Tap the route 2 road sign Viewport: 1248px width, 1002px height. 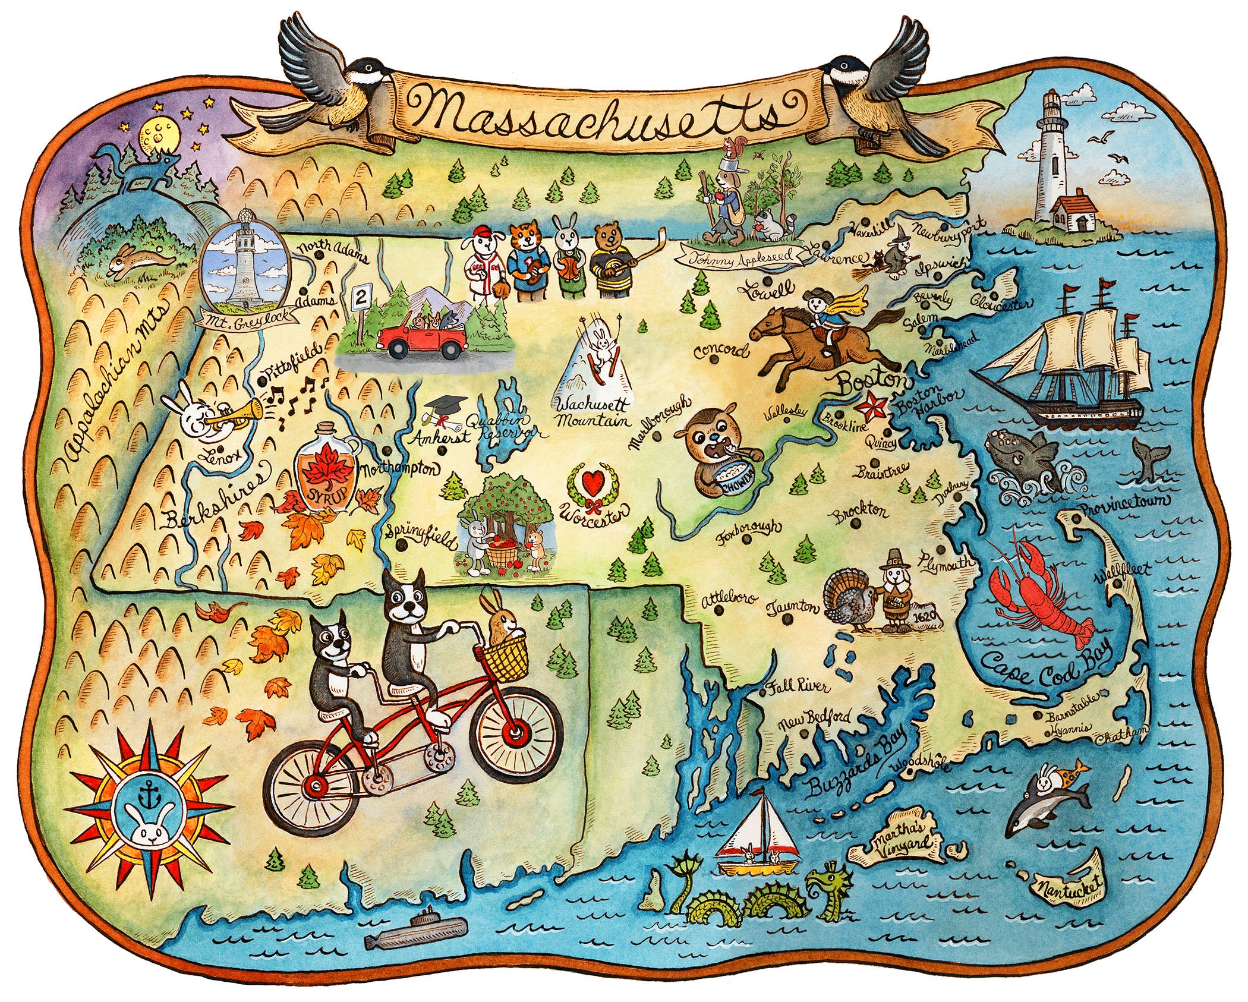click(359, 296)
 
